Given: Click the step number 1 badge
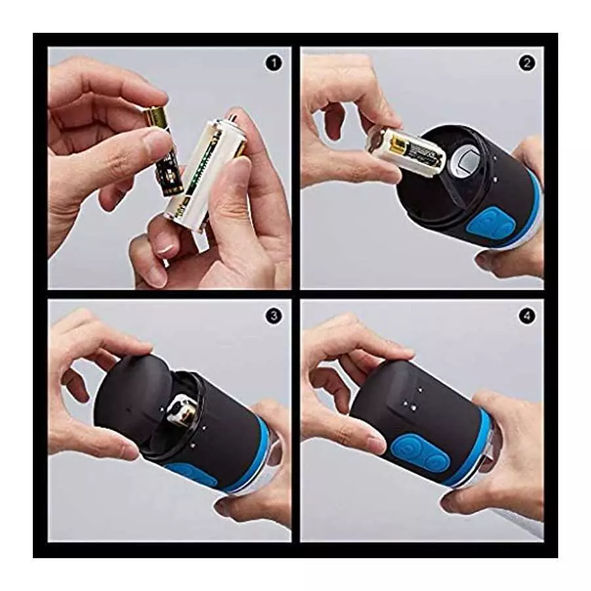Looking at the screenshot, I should (273, 63).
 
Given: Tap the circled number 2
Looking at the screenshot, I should (527, 63).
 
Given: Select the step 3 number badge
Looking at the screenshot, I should (273, 316).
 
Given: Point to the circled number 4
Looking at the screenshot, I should (527, 316).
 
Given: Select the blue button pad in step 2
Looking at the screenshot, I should (500, 227).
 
